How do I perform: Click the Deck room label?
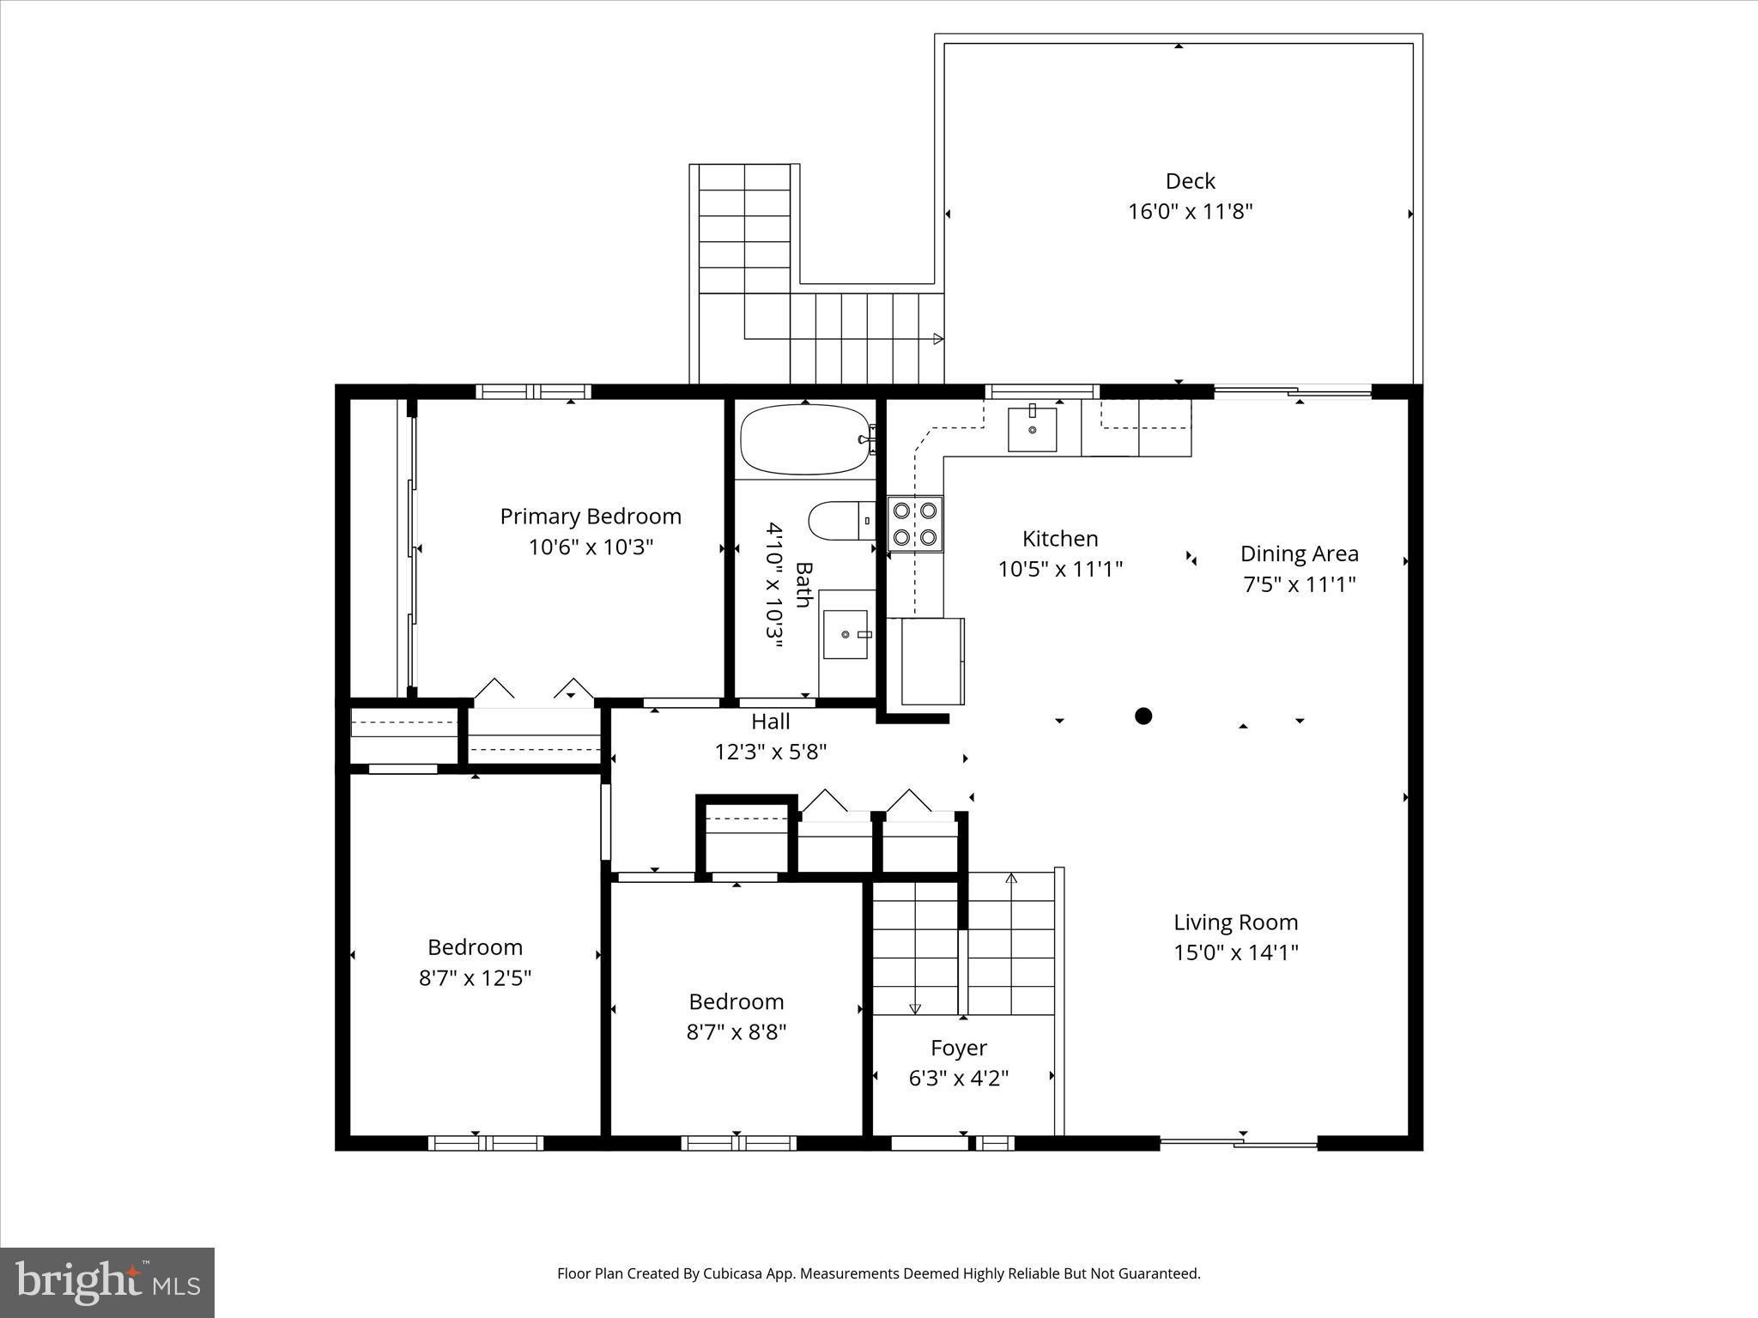pyautogui.click(x=1190, y=181)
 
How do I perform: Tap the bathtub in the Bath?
pyautogui.click(x=804, y=439)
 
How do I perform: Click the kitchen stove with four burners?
pyautogui.click(x=915, y=523)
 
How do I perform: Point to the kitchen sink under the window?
pyautogui.click(x=1032, y=429)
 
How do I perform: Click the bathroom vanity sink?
pyautogui.click(x=846, y=634)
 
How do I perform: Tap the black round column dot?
pyautogui.click(x=1143, y=716)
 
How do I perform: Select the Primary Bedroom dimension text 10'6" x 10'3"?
pyautogui.click(x=591, y=547)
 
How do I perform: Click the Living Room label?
pyautogui.click(x=1235, y=922)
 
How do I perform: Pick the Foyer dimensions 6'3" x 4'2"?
pyautogui.click(x=958, y=1078)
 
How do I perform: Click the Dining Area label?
pyautogui.click(x=1299, y=553)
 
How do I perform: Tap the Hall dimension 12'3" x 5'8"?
pyautogui.click(x=770, y=752)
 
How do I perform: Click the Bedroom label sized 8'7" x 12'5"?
pyautogui.click(x=475, y=947)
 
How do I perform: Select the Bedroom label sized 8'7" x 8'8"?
pyautogui.click(x=736, y=1001)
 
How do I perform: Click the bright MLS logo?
pyautogui.click(x=107, y=1282)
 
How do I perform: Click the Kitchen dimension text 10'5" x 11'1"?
pyautogui.click(x=1060, y=569)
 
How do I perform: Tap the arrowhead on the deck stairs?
pyautogui.click(x=938, y=339)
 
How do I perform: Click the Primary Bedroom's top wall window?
pyautogui.click(x=533, y=392)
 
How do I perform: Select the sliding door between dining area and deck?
pyautogui.click(x=1293, y=392)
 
